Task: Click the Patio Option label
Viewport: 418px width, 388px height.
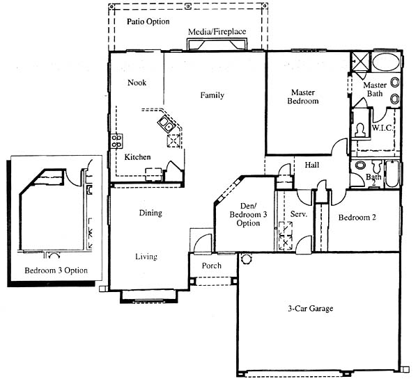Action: click(148, 22)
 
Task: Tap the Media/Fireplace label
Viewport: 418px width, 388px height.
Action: click(217, 32)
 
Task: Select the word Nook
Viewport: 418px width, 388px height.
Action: click(137, 83)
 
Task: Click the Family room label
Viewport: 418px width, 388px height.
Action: click(212, 95)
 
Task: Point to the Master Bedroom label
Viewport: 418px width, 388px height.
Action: click(303, 97)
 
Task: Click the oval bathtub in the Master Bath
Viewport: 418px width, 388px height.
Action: click(386, 62)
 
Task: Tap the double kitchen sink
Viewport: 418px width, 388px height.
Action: click(166, 124)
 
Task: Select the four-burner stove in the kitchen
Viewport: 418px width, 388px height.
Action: click(117, 141)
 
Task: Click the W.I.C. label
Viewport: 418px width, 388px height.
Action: click(382, 128)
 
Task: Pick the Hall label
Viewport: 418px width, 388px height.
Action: click(312, 165)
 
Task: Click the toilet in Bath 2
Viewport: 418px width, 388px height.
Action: click(377, 167)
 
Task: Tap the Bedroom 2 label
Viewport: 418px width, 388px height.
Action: click(357, 218)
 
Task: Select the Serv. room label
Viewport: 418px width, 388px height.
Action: click(299, 214)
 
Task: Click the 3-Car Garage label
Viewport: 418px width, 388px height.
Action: click(311, 309)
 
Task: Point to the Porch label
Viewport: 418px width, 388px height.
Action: click(211, 266)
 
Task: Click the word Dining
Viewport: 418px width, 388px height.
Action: click(150, 213)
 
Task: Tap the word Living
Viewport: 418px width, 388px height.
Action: click(146, 257)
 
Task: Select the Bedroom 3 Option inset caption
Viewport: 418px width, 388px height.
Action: click(56, 270)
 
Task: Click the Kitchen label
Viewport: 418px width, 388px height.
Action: click(137, 156)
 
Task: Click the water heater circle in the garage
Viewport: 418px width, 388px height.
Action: click(246, 259)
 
